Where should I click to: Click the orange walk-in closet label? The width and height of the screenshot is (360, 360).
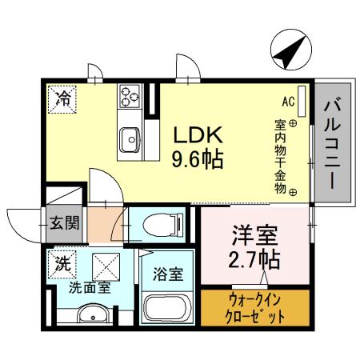pyautogui.click(x=254, y=308)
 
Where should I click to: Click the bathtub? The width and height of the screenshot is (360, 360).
pyautogui.click(x=168, y=309)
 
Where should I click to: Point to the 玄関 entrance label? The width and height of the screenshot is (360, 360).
pyautogui.click(x=65, y=221)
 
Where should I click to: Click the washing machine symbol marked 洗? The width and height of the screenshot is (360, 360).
pyautogui.click(x=62, y=261)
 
